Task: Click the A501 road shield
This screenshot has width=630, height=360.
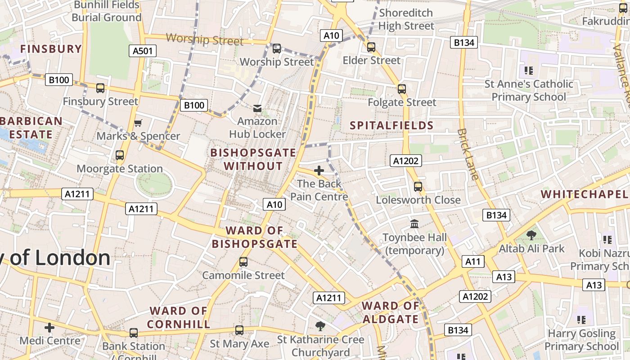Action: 143,51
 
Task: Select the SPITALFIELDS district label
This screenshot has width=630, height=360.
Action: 391,126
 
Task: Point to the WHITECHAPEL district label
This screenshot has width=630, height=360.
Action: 584,194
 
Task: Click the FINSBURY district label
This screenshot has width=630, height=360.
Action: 51,49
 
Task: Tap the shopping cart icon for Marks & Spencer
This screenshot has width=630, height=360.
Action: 138,123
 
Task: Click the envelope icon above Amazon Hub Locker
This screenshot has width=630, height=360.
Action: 257,108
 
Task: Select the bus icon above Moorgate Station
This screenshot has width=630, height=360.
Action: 120,155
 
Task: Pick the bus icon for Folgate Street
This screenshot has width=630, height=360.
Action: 402,89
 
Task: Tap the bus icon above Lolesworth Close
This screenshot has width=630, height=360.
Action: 418,186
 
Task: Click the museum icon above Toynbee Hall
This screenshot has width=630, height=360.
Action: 414,224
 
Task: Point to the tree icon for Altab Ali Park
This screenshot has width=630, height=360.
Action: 531,235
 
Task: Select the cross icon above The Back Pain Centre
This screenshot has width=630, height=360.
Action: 319,171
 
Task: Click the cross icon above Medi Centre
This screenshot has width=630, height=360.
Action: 49,328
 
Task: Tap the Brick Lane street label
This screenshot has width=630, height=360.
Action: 468,154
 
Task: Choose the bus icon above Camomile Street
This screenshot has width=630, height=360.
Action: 243,262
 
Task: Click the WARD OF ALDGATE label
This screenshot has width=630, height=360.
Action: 391,313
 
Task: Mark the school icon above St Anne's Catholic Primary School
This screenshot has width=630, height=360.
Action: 529,70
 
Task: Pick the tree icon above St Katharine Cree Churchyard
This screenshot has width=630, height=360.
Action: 320,326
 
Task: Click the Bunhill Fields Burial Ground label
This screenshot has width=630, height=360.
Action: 107,11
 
